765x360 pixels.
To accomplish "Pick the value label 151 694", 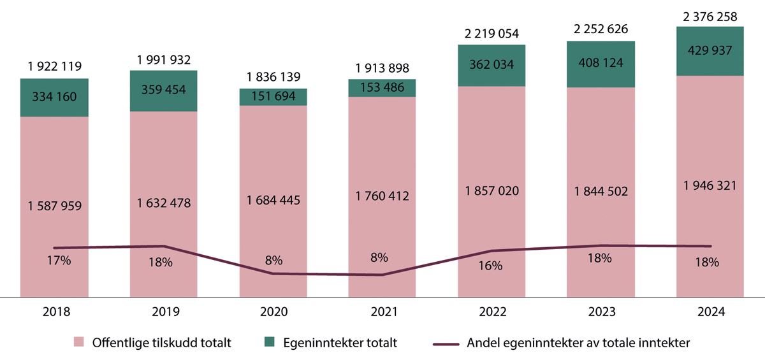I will click(x=273, y=97).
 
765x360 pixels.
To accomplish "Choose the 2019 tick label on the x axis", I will click(x=164, y=312).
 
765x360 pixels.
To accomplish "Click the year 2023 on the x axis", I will click(x=601, y=312).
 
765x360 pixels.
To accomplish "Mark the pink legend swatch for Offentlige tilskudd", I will click(x=80, y=342).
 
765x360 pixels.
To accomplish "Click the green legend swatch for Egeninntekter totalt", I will click(x=270, y=342).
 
